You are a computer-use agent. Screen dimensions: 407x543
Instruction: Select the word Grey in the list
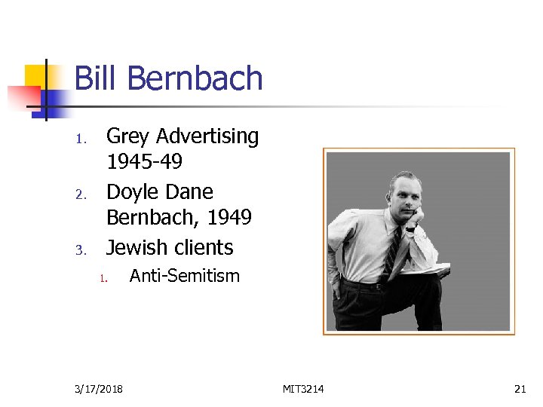coord(125,136)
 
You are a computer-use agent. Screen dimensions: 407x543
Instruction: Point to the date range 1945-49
coord(144,162)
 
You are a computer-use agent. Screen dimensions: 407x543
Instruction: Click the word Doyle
coord(130,191)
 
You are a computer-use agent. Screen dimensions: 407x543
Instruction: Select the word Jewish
coord(136,247)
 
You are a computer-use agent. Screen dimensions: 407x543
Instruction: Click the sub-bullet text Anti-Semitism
coord(185,276)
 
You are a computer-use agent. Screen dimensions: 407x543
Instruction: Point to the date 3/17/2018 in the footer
coord(100,389)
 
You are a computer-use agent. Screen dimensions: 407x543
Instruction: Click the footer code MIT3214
coord(303,389)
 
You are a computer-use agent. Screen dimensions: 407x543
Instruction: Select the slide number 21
coord(520,389)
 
